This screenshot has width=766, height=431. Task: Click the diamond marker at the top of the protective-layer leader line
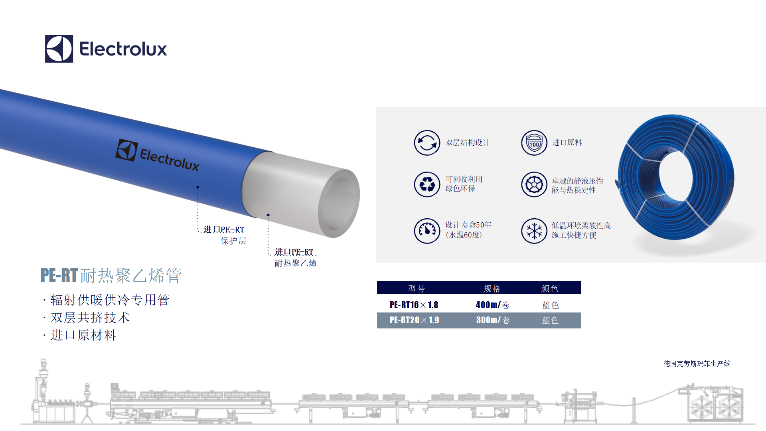(x=198, y=187)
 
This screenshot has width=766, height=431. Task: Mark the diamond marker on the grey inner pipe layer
(x=268, y=215)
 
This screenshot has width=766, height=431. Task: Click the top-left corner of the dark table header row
(x=377, y=281)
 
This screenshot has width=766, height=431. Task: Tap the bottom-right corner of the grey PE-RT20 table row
(x=581, y=328)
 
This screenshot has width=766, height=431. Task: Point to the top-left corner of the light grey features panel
(x=376, y=107)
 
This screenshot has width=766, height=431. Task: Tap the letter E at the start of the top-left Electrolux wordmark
(x=85, y=49)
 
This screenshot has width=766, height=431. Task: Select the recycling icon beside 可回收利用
(x=427, y=184)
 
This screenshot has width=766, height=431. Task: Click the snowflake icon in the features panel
(x=534, y=231)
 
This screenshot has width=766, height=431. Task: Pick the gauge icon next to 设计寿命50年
(x=427, y=231)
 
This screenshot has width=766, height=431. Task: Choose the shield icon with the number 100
(x=534, y=143)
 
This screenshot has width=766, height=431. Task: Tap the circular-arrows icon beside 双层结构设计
(x=427, y=143)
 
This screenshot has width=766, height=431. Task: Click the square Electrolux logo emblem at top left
(x=59, y=49)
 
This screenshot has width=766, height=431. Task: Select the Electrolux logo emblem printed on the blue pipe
(x=127, y=150)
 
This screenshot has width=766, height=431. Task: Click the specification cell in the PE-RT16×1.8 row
(x=492, y=305)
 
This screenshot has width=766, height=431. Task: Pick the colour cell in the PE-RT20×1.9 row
(x=551, y=320)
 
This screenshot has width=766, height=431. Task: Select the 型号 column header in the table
(x=417, y=289)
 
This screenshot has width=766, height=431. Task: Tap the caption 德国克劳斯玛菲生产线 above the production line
(x=697, y=364)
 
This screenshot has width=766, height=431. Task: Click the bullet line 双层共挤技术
(x=90, y=318)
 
